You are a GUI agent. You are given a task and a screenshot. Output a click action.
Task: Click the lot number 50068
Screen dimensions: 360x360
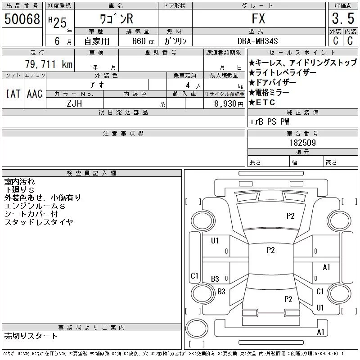(x=22, y=19)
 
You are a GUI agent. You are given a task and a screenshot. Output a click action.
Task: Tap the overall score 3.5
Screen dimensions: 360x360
(x=343, y=18)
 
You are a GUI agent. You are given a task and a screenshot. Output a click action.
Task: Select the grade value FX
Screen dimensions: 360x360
(x=258, y=18)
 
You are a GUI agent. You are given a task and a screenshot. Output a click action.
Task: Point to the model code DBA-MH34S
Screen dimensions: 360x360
(x=257, y=41)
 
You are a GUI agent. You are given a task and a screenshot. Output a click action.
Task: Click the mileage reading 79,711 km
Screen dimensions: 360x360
(x=49, y=64)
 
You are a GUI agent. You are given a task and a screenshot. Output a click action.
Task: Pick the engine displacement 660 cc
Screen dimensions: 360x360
(x=143, y=41)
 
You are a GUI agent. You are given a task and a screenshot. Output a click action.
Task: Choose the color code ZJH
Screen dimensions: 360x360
(x=74, y=103)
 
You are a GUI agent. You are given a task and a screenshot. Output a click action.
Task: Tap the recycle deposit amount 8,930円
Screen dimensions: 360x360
(x=229, y=104)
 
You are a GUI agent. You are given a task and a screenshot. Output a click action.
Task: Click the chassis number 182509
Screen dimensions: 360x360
(x=302, y=143)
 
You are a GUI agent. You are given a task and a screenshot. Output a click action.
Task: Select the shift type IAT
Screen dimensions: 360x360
(x=13, y=94)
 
